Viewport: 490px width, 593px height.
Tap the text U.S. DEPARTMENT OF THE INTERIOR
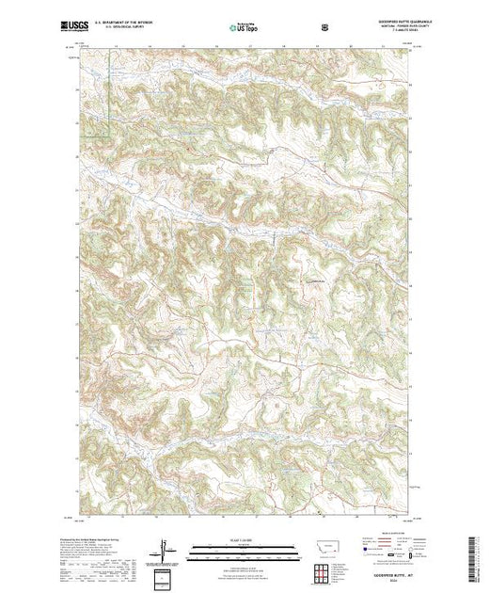point(137,23)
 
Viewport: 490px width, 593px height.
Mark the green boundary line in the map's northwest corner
point(109,94)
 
